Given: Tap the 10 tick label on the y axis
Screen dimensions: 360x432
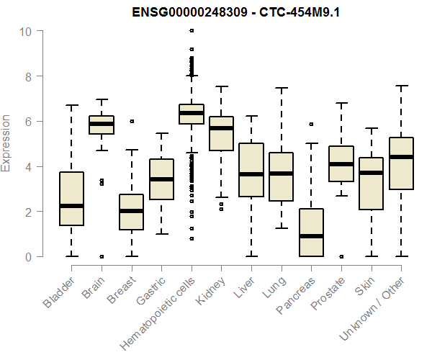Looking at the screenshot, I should click(27, 31).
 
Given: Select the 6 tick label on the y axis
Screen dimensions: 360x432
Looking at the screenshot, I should click(27, 121).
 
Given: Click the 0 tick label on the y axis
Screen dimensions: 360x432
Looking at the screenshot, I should click(27, 256).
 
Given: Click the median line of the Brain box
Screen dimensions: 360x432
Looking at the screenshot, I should click(102, 124).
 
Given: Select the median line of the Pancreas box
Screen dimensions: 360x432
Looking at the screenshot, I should click(311, 236).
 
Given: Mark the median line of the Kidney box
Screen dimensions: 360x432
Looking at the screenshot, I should click(221, 128).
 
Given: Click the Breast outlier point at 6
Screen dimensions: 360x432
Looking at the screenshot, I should click(131, 121).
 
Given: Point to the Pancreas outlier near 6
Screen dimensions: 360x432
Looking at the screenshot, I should click(311, 124).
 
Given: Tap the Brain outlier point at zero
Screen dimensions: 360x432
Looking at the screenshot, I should click(102, 256).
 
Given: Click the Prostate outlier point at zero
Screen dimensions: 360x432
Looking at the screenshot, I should click(341, 256).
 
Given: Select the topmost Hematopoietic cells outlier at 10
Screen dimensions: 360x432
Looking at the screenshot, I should click(191, 31).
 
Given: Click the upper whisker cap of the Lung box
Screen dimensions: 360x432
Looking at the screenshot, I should click(281, 88).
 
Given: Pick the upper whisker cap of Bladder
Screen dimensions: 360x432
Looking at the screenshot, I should click(71, 105).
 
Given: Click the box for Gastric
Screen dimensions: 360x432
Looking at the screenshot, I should click(161, 179).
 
